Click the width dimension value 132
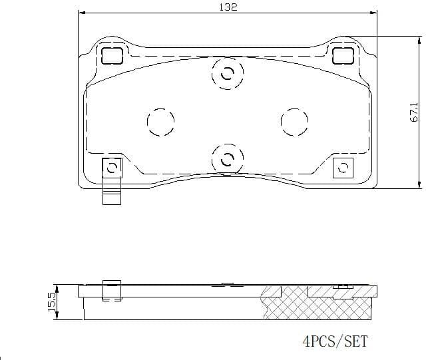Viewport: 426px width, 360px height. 228,7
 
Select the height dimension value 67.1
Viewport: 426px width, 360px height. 413,112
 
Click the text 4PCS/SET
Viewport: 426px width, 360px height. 335,341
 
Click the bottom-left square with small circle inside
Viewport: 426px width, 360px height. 112,168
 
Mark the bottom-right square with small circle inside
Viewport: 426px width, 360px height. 343,168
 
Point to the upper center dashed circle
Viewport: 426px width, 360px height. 227,75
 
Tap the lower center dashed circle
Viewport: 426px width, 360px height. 227,158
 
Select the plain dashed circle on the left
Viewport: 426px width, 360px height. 160,121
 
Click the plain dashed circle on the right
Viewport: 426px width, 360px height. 294,121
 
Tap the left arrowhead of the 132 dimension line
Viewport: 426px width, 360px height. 81,13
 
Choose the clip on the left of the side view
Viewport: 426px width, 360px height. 111,290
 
